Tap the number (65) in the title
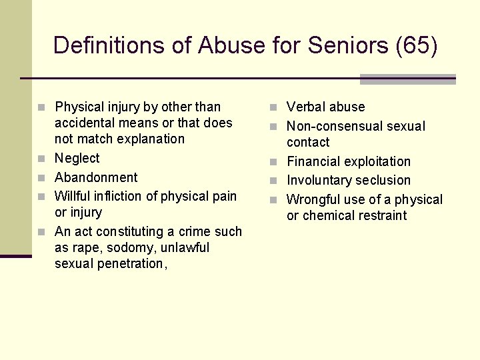416,45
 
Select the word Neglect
77,158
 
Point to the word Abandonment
96,177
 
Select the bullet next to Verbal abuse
274,107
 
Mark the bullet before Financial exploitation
274,162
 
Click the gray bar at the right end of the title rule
407,79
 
